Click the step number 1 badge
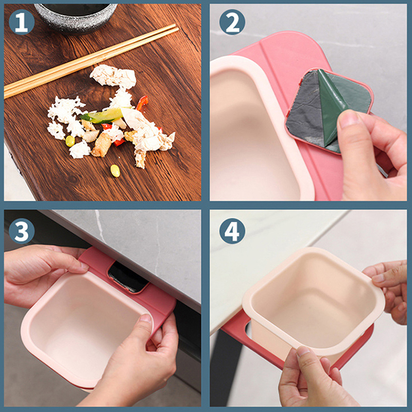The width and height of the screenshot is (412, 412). (22, 22)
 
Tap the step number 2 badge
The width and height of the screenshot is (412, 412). (232, 22)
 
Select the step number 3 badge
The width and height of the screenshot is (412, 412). (22, 231)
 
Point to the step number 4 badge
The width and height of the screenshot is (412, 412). (232, 231)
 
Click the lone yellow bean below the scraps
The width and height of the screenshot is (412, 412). (115, 171)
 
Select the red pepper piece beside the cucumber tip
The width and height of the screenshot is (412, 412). (142, 102)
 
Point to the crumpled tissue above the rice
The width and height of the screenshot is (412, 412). (113, 76)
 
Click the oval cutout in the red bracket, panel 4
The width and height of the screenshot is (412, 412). (248, 329)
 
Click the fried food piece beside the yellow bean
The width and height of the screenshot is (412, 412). (101, 144)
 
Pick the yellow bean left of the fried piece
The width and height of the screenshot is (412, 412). (70, 141)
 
